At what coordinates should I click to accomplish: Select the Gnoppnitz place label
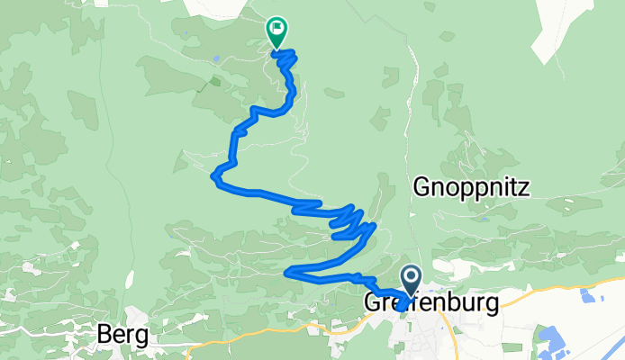click(x=469, y=188)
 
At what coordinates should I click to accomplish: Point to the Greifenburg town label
click(x=430, y=303)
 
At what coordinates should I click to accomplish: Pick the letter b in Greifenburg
click(x=447, y=303)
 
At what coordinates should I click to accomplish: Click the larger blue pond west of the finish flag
click(x=216, y=61)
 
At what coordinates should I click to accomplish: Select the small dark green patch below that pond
click(x=214, y=81)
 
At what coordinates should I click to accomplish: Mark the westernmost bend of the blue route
click(x=214, y=175)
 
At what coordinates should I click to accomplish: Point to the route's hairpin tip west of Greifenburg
click(x=286, y=271)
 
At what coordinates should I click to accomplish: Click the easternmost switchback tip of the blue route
click(x=372, y=226)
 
